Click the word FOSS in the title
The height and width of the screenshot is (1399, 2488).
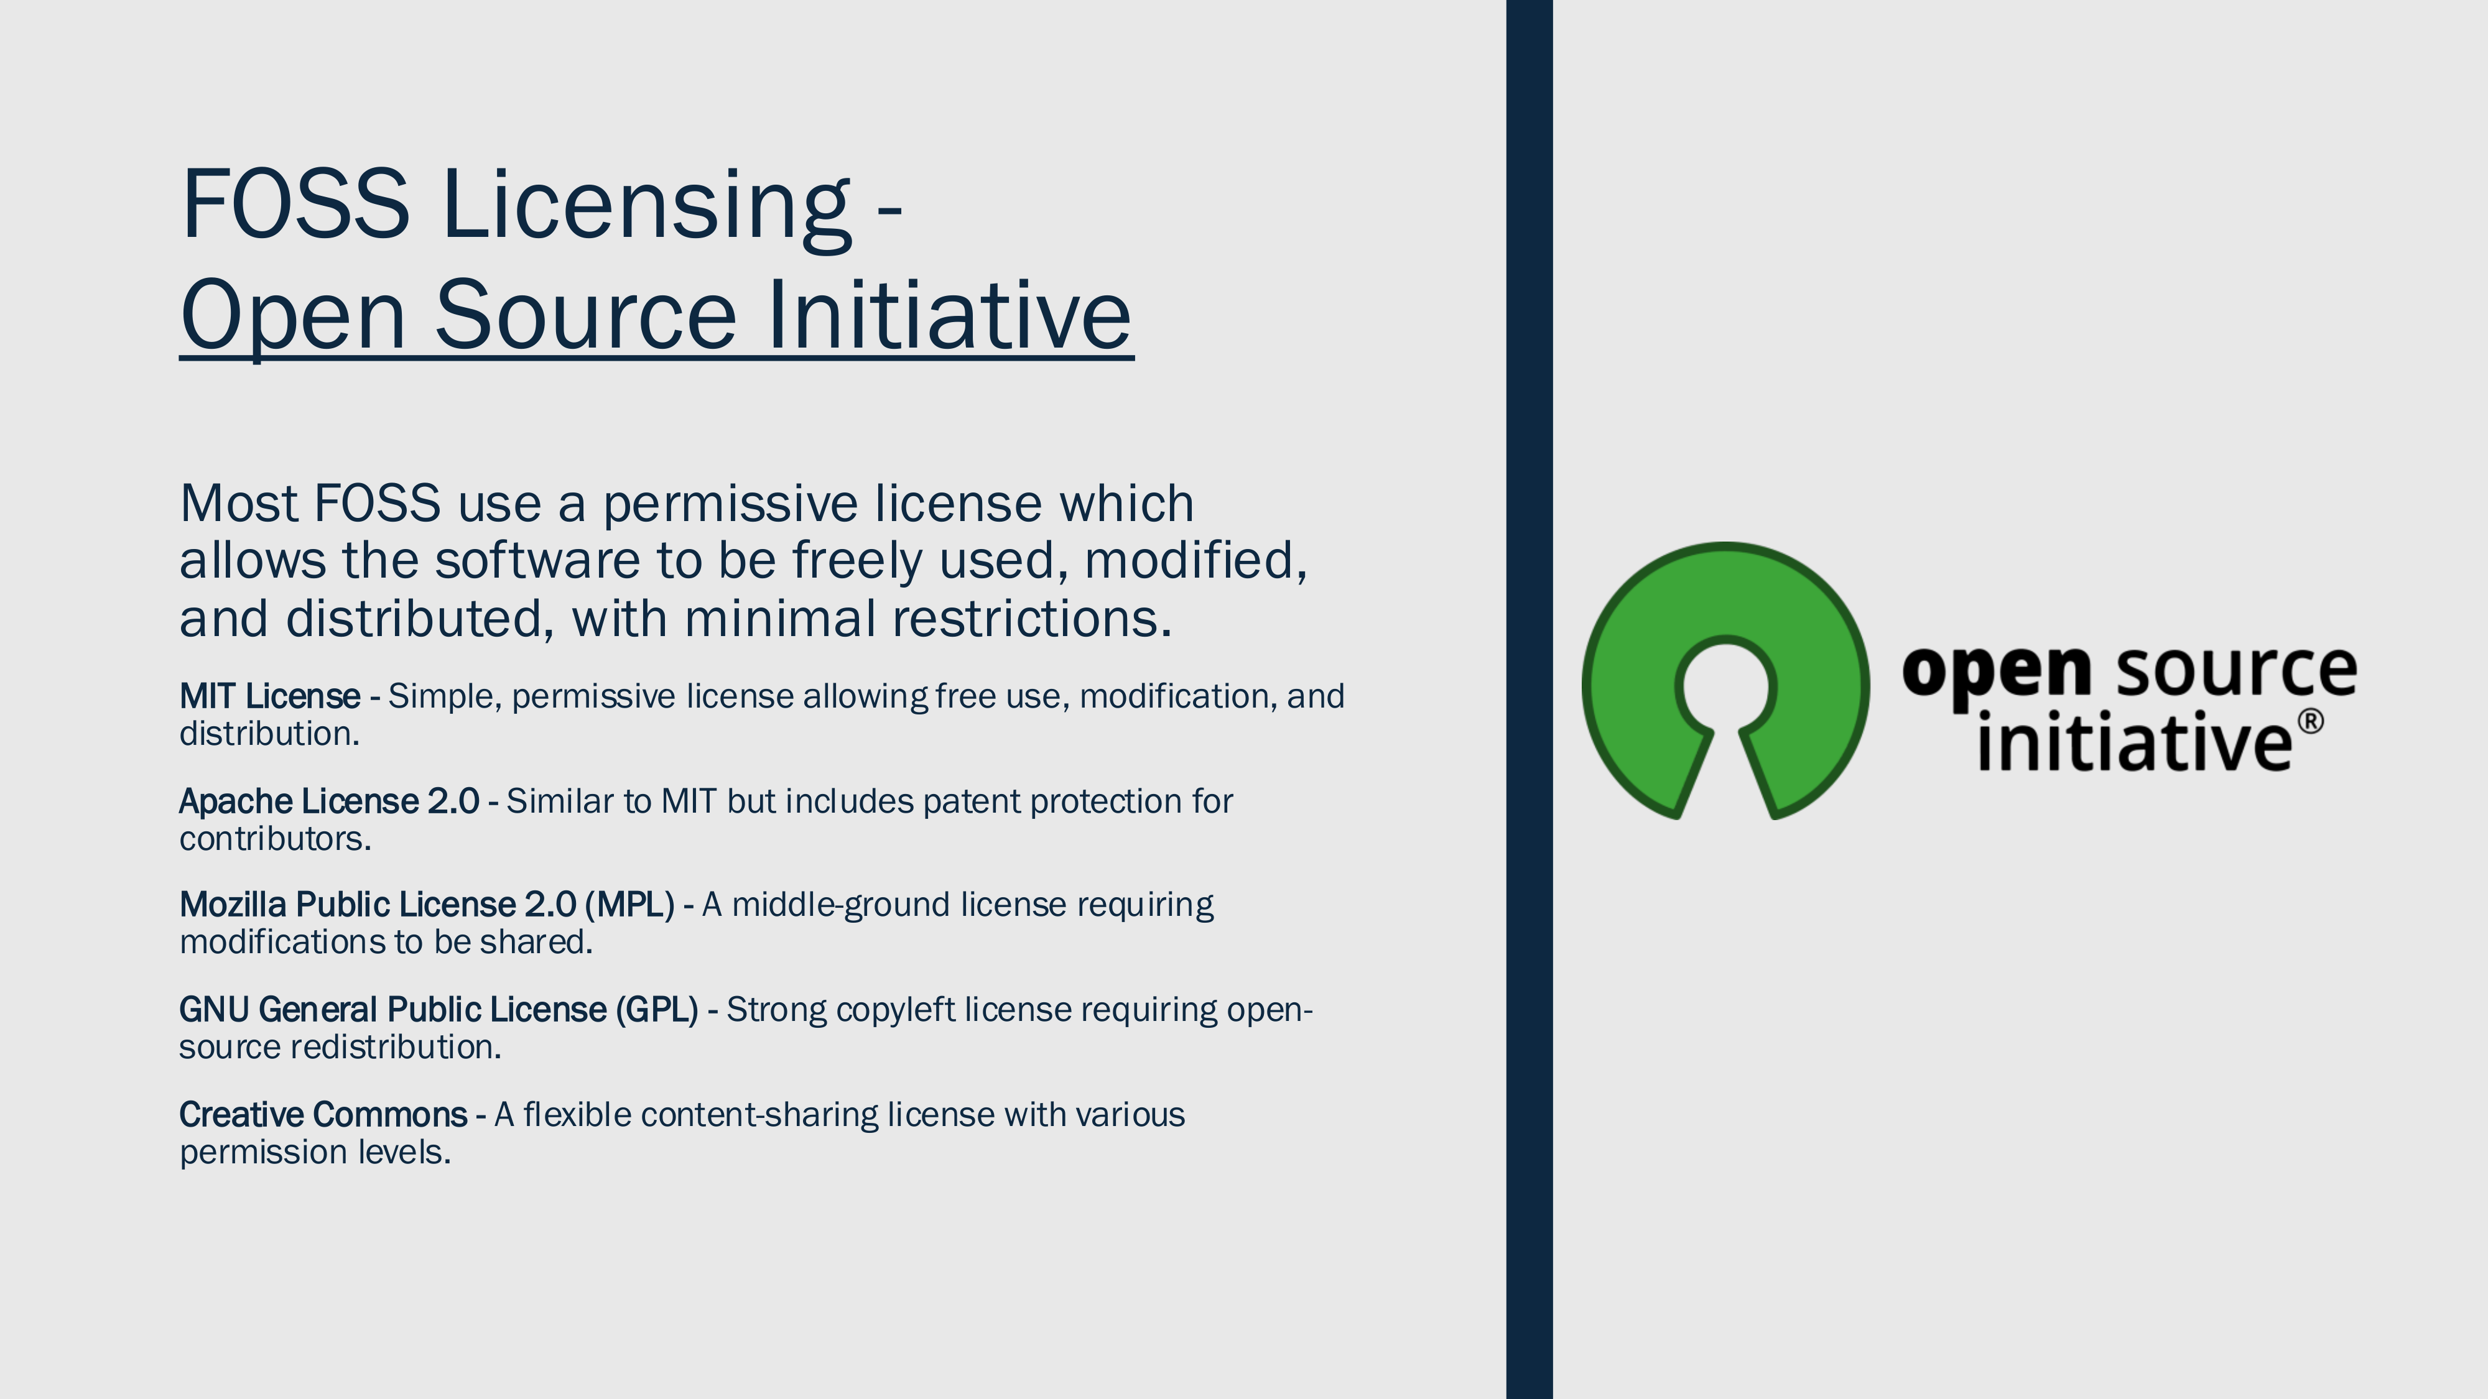295,204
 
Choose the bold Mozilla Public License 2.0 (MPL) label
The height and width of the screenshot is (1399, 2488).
427,905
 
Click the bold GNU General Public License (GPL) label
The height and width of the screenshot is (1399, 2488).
439,1010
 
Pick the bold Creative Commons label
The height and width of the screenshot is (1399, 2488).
323,1115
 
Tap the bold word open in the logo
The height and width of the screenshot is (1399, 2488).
1997,671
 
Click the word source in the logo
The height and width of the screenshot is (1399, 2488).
2237,670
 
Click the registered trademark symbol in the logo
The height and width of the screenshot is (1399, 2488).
2309,722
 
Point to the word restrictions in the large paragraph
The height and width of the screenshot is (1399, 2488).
1031,619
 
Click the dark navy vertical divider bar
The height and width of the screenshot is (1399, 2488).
1529,699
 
